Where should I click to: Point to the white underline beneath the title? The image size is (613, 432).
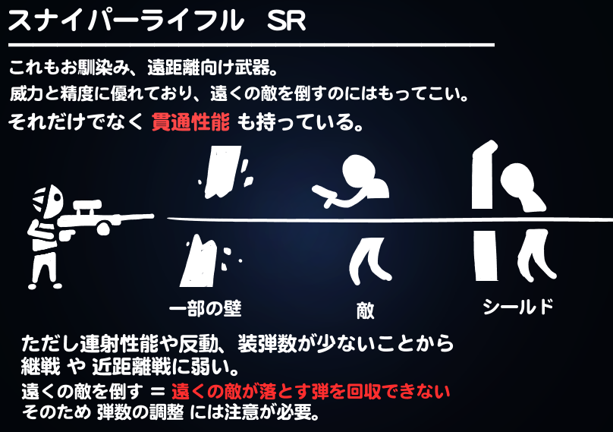click(250, 46)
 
